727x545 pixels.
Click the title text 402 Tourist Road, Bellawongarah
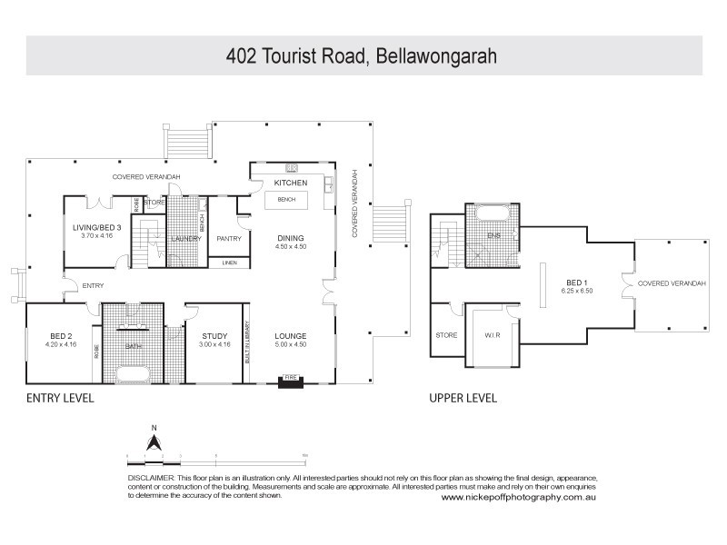coord(363,55)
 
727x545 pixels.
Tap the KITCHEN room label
coord(291,183)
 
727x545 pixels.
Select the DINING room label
coord(291,239)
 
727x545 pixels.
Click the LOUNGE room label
coord(291,336)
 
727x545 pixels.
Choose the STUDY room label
coord(214,336)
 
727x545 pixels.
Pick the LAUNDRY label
coord(185,239)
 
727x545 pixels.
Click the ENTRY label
coord(93,286)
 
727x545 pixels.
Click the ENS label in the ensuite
coord(493,235)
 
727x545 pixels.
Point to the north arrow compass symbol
coord(154,442)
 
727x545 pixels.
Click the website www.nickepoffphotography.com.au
coord(518,497)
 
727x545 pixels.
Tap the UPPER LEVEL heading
coord(463,399)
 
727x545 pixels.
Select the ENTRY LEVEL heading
coord(59,399)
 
